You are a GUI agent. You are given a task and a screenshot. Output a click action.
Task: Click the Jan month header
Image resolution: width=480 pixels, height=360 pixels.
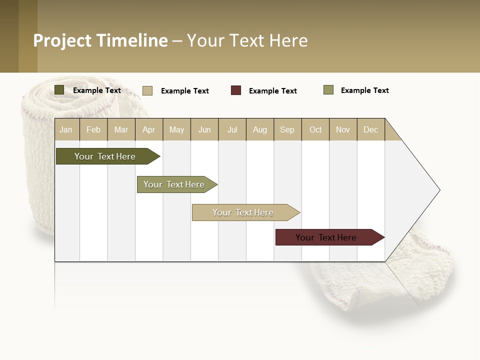pos(66,129)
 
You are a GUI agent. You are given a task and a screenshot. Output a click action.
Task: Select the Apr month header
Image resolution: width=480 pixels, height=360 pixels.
pos(149,129)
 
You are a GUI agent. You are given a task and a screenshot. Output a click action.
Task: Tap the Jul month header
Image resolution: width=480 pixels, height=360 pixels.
pos(232,129)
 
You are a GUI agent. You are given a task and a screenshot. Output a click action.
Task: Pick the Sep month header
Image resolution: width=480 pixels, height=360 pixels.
pos(287,129)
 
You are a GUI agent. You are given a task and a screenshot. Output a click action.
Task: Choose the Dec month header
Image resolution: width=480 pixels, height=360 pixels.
pos(370,129)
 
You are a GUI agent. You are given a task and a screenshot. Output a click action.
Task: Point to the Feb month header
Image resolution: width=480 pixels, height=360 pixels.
pos(93,129)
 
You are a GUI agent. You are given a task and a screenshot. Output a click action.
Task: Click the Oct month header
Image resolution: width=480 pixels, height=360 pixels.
pos(315,129)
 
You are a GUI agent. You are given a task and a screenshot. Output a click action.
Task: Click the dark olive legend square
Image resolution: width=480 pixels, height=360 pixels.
pos(59,90)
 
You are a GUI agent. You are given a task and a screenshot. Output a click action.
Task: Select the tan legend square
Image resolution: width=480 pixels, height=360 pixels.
pos(147,90)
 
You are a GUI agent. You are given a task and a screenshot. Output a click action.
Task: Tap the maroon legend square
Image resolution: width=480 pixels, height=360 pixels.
pos(236,90)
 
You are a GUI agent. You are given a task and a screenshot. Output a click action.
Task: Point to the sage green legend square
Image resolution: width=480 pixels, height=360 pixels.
pos(328,90)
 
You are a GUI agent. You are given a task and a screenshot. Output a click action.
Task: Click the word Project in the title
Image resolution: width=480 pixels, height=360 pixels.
pos(63,40)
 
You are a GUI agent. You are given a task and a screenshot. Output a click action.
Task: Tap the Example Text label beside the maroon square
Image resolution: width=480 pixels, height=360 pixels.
pos(272,91)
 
